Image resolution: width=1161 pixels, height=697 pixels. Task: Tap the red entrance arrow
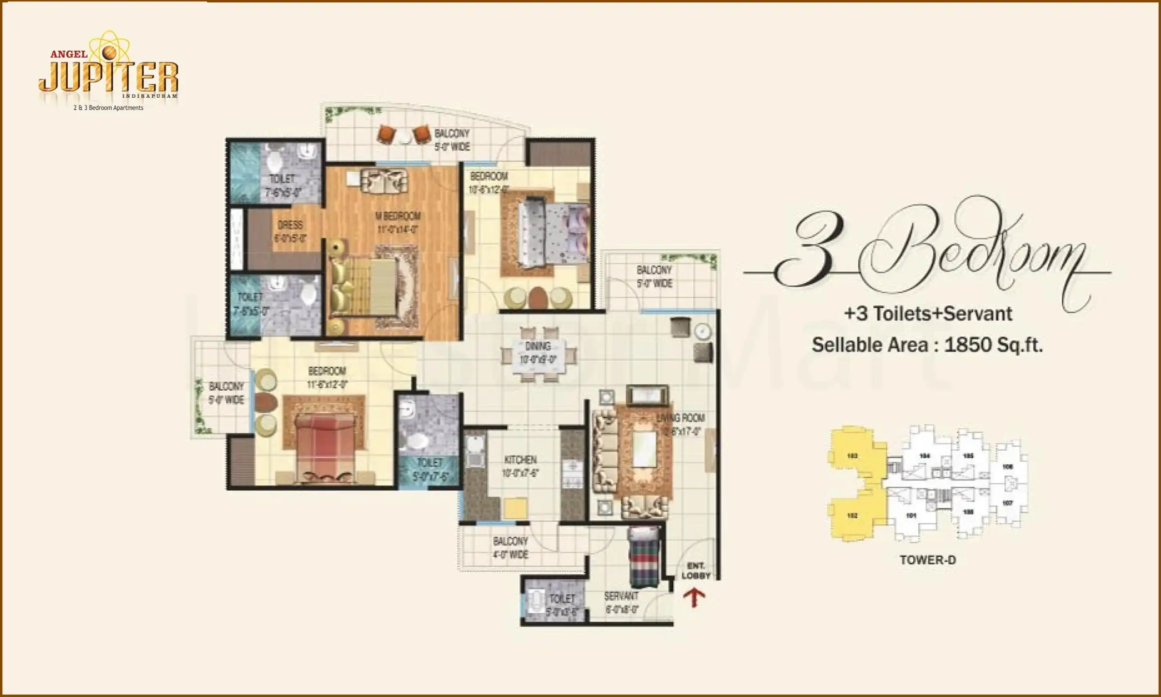[694, 597]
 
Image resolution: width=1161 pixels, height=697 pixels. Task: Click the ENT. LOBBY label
[696, 571]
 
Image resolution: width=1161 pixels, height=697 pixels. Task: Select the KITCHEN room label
[520, 459]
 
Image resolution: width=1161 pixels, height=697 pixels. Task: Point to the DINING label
[537, 346]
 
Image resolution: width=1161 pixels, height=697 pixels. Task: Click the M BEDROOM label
[398, 216]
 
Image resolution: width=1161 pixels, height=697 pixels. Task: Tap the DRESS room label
[290, 225]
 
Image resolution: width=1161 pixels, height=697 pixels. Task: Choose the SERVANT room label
[621, 596]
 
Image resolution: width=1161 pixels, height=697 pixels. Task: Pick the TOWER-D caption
[927, 560]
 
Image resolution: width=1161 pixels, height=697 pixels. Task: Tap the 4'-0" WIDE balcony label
[510, 554]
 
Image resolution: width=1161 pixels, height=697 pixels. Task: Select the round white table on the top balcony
[405, 137]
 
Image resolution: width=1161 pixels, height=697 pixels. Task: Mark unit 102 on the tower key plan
[852, 515]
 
